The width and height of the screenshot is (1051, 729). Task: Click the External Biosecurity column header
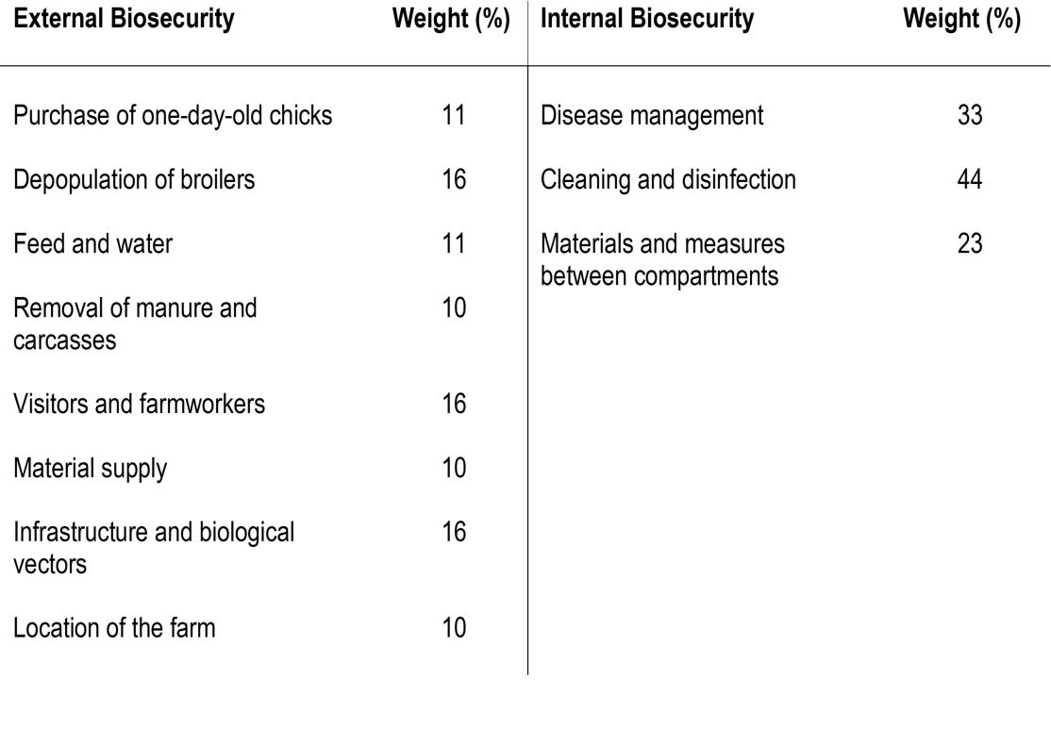tap(124, 19)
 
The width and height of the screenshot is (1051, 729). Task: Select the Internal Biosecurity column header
tap(647, 19)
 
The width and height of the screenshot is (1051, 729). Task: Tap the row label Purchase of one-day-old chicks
tap(173, 116)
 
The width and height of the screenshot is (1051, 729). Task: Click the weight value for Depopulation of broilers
tap(454, 179)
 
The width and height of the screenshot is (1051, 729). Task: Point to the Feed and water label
tap(93, 243)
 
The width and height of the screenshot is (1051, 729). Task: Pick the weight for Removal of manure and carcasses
tap(454, 307)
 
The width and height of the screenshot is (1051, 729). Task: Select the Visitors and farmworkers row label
tap(139, 404)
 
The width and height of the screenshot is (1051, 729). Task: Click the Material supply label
tap(90, 468)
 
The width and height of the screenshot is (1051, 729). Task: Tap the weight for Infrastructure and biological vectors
tap(454, 532)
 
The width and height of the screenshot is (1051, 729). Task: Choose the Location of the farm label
tap(114, 627)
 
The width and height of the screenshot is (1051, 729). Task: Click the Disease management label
tap(652, 116)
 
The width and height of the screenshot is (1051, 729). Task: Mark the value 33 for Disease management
tap(970, 116)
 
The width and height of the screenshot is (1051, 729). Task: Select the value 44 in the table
tap(970, 179)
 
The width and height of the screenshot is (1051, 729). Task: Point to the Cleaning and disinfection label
tap(668, 179)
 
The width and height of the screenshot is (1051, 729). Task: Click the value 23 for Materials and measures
tap(970, 243)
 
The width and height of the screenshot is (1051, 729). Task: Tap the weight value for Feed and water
tap(454, 243)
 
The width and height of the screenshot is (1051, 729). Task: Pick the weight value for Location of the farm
tap(454, 627)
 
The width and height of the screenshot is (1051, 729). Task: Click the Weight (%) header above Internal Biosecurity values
tap(961, 19)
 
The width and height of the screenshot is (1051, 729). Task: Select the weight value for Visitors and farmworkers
tap(454, 404)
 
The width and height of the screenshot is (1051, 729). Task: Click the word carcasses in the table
tap(65, 340)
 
